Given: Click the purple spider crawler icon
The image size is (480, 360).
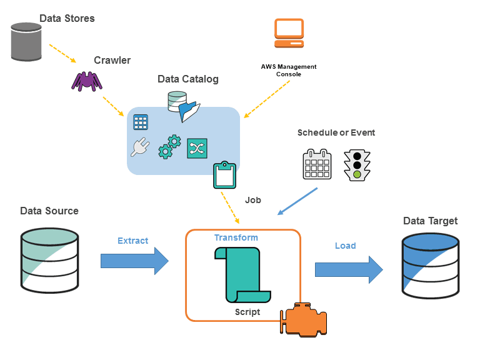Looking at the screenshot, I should [x=87, y=80].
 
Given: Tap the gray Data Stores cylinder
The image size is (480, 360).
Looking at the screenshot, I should [x=26, y=42].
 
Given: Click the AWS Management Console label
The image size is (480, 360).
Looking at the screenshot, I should [x=289, y=70].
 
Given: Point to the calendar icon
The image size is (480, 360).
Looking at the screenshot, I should [x=317, y=165].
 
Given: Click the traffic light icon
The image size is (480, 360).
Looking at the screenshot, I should [x=356, y=165].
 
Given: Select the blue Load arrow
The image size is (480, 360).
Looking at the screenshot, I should [x=348, y=269].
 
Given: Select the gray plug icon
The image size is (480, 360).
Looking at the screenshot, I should [x=139, y=146].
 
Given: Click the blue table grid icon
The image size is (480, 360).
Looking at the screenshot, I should [x=141, y=122].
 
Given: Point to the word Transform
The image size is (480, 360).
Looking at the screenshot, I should [x=236, y=237].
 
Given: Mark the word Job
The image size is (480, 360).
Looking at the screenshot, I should [x=253, y=201].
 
